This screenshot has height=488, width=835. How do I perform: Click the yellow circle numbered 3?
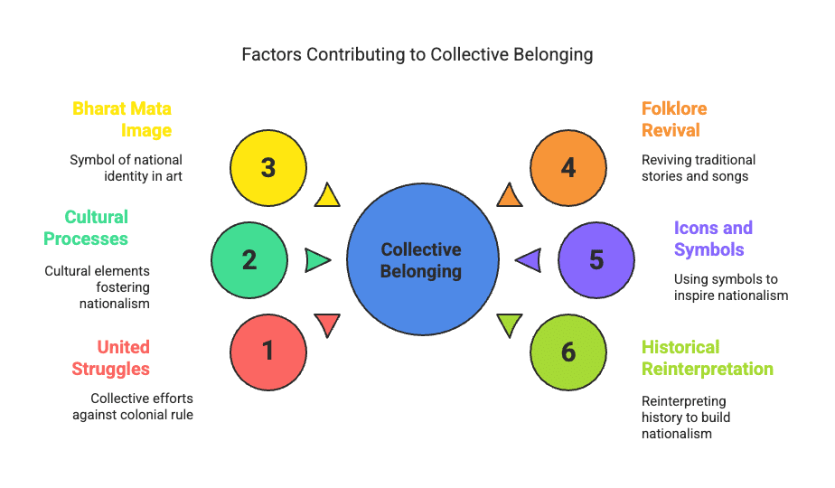click(x=268, y=168)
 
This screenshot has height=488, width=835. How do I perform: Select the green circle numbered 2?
click(x=249, y=260)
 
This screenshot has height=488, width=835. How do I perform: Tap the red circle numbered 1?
click(x=268, y=351)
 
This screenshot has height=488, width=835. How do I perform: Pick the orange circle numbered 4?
click(x=568, y=168)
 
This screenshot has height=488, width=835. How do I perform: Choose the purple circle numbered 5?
click(x=596, y=260)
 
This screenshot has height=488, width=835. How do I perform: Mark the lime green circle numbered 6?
click(x=568, y=351)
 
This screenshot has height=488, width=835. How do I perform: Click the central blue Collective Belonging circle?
click(x=422, y=260)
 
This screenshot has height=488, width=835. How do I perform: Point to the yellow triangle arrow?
click(x=327, y=195)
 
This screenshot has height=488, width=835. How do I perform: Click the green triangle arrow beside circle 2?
click(x=317, y=260)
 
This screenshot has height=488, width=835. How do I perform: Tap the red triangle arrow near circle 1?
click(x=327, y=324)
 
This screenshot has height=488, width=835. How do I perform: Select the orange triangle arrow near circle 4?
click(x=510, y=195)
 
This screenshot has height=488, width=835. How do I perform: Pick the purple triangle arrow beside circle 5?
click(x=530, y=260)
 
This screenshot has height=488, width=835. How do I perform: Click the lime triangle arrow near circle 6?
click(x=510, y=324)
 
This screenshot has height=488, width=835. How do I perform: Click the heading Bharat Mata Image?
click(x=122, y=119)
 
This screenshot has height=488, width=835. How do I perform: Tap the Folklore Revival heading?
click(x=674, y=119)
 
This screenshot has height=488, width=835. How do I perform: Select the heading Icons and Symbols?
click(x=713, y=239)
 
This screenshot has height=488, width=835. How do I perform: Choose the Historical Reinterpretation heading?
click(x=707, y=358)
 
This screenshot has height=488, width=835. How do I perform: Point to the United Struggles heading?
click(x=123, y=358)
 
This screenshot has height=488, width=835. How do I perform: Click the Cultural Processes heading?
click(x=97, y=228)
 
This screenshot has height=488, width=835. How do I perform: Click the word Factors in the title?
click(x=271, y=54)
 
